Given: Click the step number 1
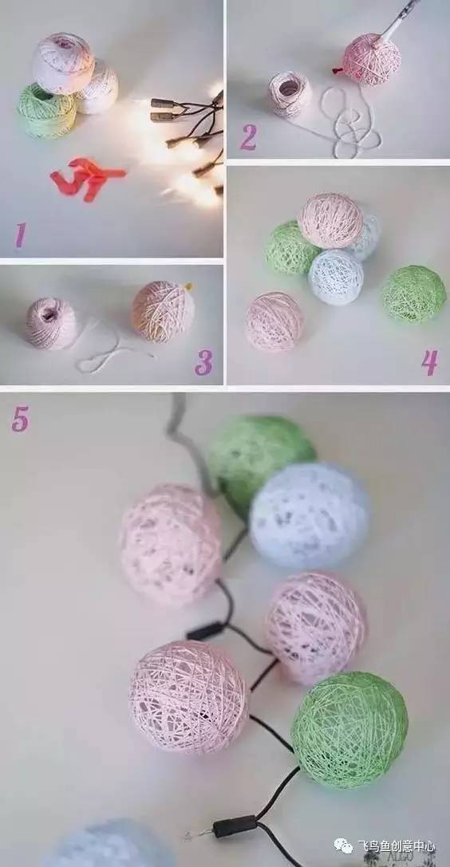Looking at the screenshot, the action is pyautogui.click(x=21, y=234).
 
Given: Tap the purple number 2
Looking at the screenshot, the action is pyautogui.click(x=247, y=138).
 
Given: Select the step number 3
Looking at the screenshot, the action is pyautogui.click(x=203, y=362).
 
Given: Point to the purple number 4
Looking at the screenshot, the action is pyautogui.click(x=429, y=362).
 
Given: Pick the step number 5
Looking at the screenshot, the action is pyautogui.click(x=20, y=420).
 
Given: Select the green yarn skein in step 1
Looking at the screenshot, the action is pyautogui.click(x=46, y=111).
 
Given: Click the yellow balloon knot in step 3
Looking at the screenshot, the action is pyautogui.click(x=188, y=286).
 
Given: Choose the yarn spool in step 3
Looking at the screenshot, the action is pyautogui.click(x=51, y=324).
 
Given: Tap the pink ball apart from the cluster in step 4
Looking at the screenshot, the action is pyautogui.click(x=274, y=321).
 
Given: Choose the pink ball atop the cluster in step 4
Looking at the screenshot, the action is pyautogui.click(x=330, y=221).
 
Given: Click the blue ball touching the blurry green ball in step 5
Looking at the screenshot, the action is pyautogui.click(x=309, y=516).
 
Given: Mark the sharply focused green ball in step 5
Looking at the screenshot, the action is pyautogui.click(x=349, y=730).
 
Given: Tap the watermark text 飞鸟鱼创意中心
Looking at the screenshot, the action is pyautogui.click(x=396, y=846).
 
